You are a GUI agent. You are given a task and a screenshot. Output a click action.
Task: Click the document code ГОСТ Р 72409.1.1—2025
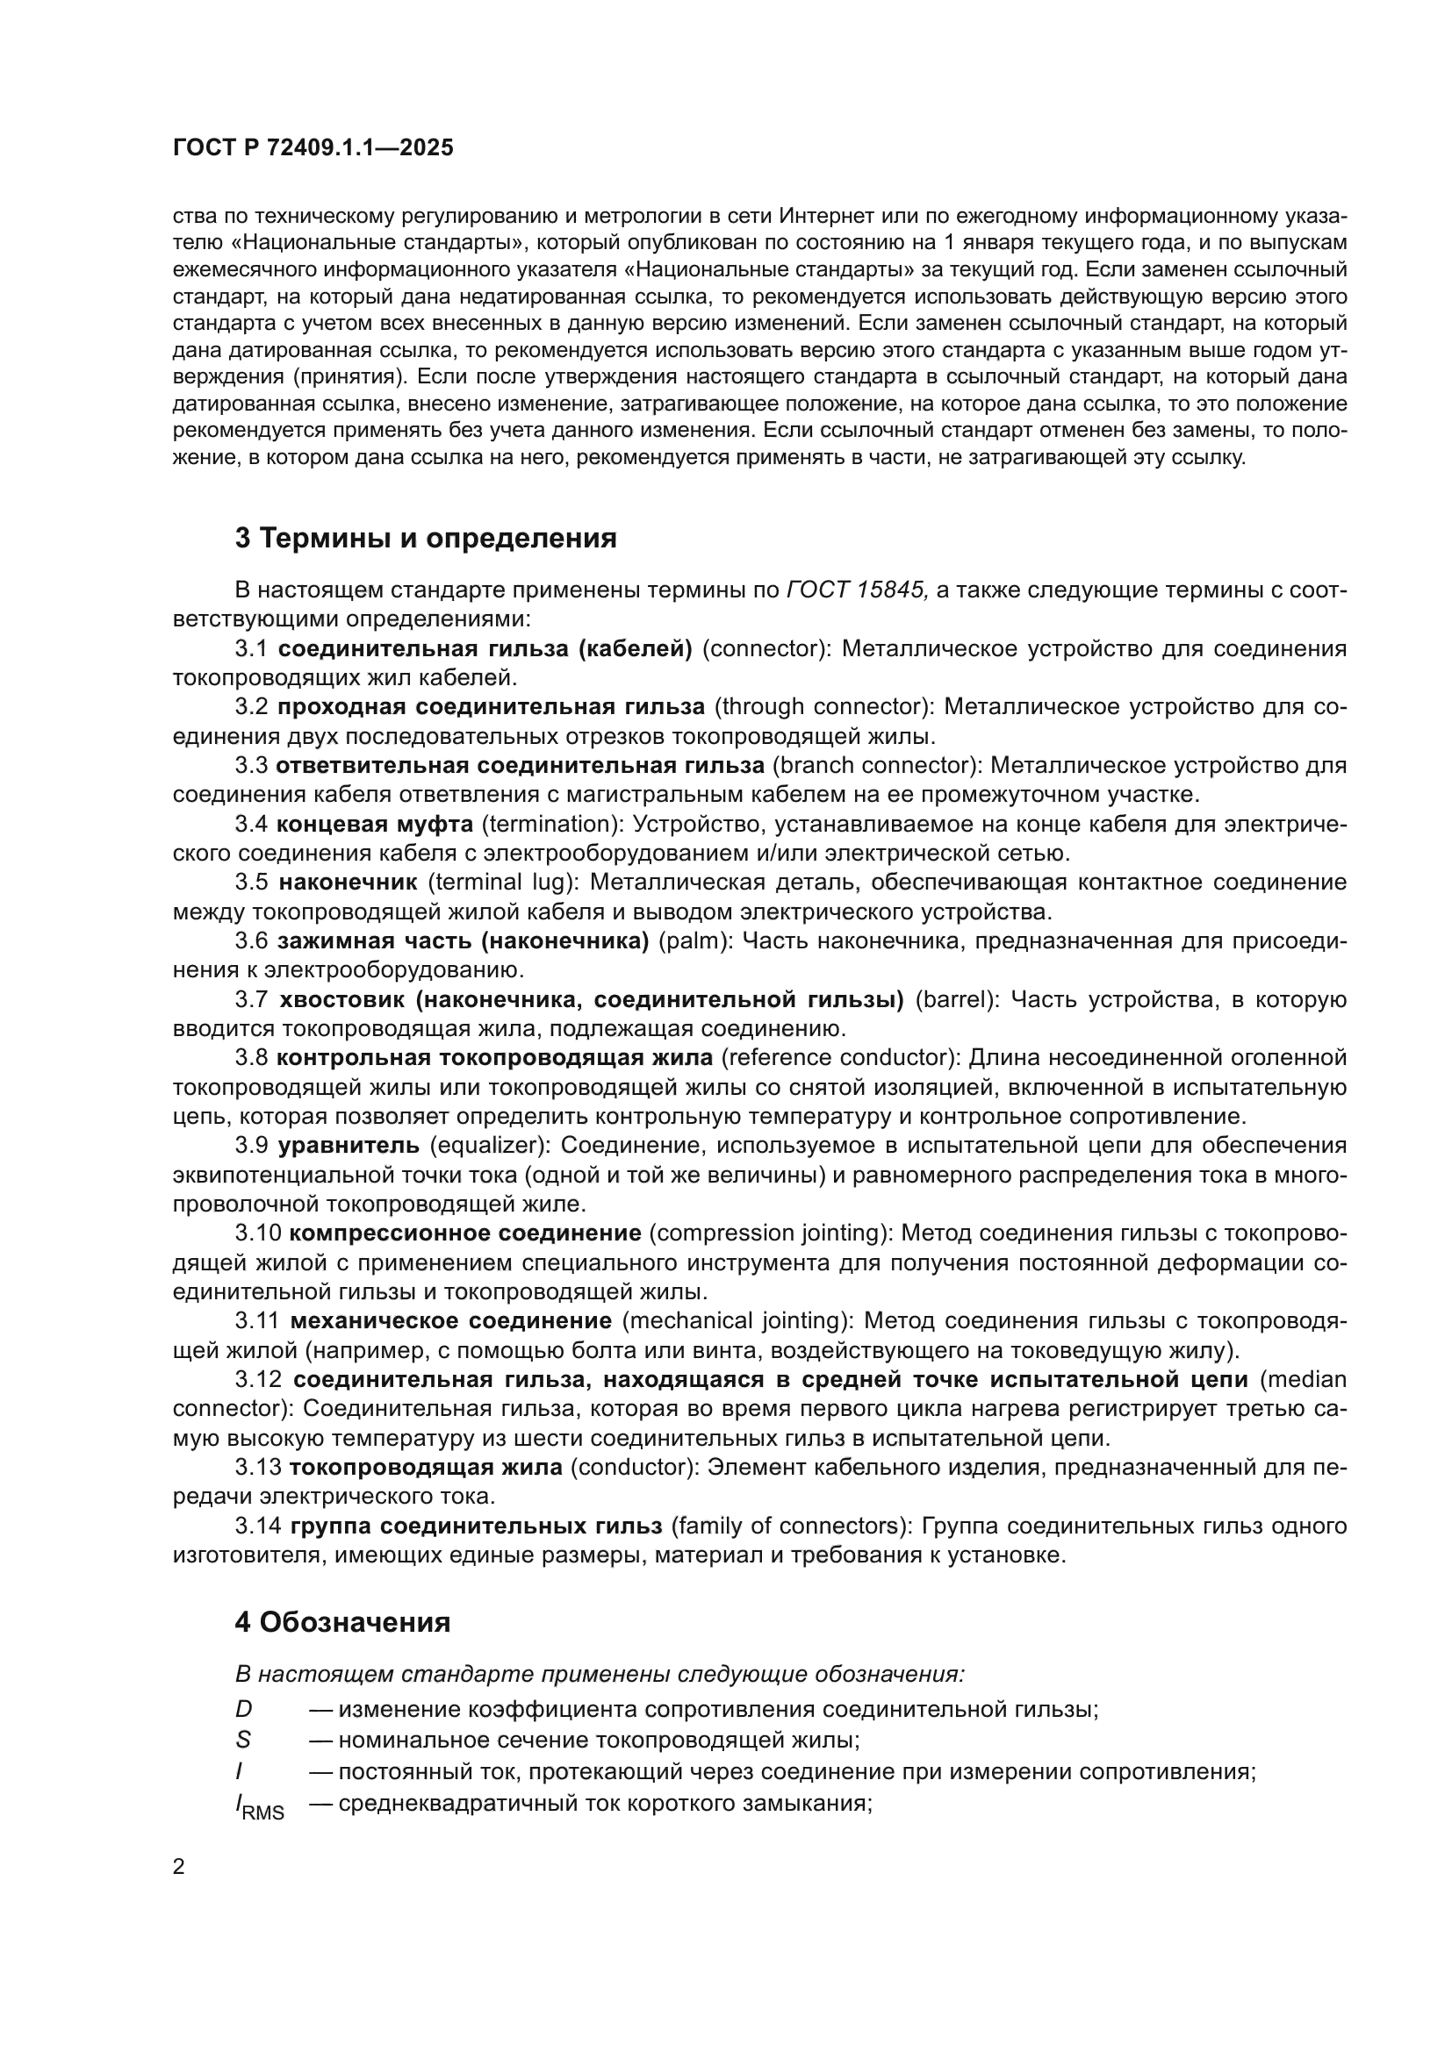coord(313,148)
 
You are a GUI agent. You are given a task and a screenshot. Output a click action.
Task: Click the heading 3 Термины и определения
coord(426,538)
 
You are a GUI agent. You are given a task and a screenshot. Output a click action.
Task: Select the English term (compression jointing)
coord(771,1233)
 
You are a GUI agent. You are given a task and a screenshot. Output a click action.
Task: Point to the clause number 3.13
coord(257,1467)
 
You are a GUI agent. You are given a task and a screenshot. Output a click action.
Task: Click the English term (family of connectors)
coord(790,1525)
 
